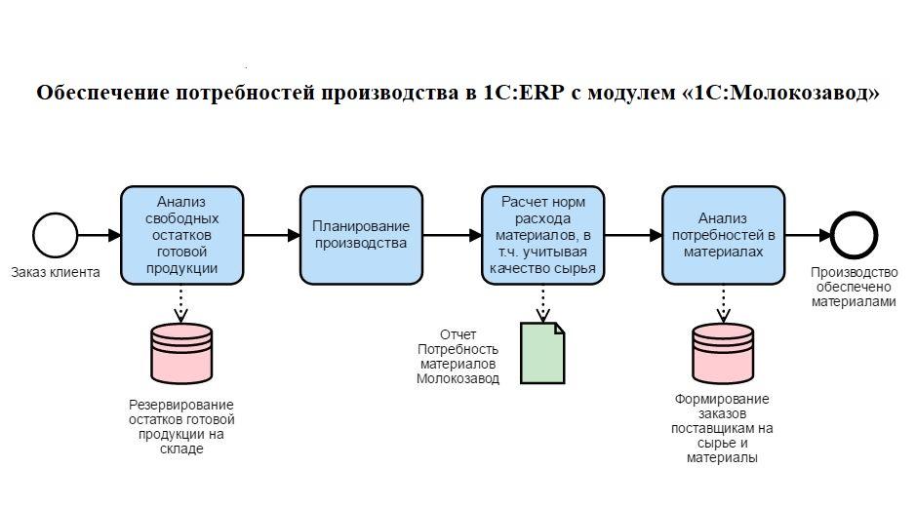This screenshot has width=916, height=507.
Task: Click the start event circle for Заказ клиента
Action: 56,235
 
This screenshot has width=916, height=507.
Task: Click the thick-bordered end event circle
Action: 855,235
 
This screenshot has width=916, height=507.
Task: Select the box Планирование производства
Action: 361,235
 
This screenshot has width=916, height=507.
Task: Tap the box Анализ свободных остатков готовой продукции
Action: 181,235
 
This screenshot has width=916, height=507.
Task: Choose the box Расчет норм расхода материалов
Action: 542,235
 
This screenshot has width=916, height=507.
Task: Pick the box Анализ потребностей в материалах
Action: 723,235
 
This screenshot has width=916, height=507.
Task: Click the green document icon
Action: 542,352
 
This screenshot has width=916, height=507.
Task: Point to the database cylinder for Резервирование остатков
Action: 180,353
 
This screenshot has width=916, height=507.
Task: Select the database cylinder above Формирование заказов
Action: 723,353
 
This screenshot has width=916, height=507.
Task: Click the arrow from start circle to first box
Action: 100,235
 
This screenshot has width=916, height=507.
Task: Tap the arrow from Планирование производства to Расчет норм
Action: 452,235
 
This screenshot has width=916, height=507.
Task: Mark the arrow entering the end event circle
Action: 808,235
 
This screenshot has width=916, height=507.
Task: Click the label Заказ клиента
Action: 56,272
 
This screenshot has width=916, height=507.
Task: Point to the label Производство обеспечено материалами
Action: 854,287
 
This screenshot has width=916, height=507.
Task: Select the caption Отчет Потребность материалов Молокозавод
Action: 458,357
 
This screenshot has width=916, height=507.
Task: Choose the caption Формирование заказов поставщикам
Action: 722,428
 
